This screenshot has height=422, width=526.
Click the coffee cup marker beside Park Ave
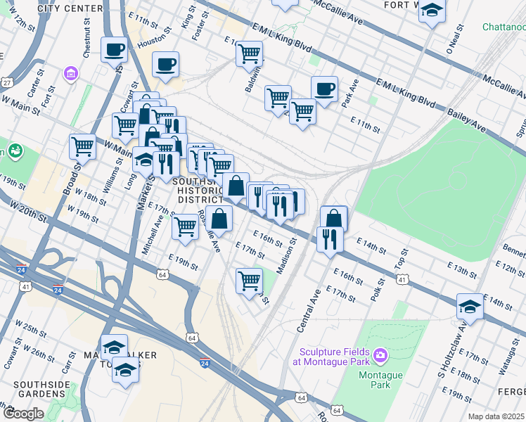324,89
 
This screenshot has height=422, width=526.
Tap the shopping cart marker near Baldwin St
249,53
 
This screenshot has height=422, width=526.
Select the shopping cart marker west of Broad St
82,147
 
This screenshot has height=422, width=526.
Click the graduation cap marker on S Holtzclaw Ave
470,306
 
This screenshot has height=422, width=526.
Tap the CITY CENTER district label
58,8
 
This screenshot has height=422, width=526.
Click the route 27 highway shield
6,82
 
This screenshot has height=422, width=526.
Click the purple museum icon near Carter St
70,73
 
